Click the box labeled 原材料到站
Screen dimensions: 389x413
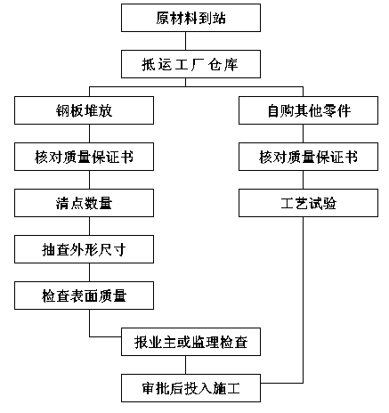pos(190,18)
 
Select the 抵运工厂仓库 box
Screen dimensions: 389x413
pos(190,64)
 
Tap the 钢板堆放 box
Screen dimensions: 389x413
pos(84,110)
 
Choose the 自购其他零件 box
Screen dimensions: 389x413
pos(308,110)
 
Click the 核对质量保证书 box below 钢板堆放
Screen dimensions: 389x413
pos(84,157)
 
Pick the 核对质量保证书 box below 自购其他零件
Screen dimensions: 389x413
pos(308,157)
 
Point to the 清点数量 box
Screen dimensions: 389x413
pos(84,203)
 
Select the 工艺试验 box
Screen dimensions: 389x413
pos(308,203)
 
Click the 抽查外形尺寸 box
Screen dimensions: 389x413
pos(84,249)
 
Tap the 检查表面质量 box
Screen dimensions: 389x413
pos(84,296)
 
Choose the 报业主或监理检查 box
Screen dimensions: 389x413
pos(190,342)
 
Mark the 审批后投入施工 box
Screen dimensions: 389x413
pos(190,388)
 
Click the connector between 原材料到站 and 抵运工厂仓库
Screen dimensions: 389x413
pos(186,41)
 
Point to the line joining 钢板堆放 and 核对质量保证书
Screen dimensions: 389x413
pos(90,134)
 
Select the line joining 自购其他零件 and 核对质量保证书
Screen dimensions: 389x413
pos(303,134)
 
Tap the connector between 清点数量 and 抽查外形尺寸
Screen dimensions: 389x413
pos(90,226)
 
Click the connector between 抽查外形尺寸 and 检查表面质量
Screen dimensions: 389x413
pos(90,272)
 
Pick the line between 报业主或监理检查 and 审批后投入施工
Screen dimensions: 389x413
pos(186,365)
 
